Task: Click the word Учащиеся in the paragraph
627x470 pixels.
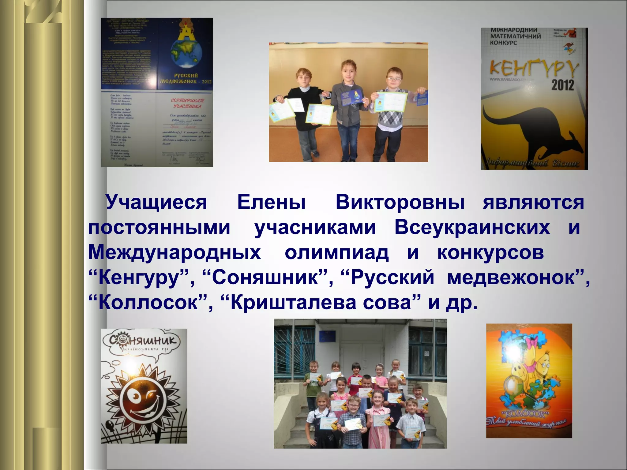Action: coord(156,203)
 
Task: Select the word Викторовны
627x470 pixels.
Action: coord(400,203)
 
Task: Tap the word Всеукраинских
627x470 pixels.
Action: coord(472,228)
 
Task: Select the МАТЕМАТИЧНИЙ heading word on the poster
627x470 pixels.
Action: coord(516,36)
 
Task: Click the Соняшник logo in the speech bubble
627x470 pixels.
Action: coord(144,341)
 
